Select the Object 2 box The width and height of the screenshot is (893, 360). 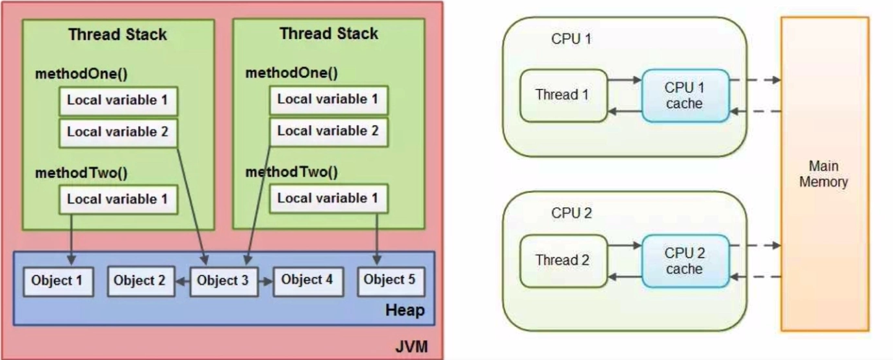pos(139,281)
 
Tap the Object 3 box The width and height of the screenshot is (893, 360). pos(222,281)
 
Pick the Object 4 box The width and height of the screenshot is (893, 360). pos(307,281)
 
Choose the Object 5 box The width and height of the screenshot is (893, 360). pos(389,281)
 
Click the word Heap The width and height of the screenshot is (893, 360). pos(405,311)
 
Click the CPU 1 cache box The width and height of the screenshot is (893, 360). pos(684,96)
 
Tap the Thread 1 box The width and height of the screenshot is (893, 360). pos(563,95)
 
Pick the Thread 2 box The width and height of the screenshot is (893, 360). pos(563,261)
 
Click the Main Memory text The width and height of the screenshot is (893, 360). pos(823,174)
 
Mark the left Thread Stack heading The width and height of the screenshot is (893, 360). pos(118,34)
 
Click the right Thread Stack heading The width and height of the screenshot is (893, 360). pos(328,34)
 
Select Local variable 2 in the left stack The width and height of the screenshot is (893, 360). pos(118,132)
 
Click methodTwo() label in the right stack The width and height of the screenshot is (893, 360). pos(291,173)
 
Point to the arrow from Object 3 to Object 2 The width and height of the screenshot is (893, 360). pos(181,282)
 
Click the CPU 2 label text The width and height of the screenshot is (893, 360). pos(571,213)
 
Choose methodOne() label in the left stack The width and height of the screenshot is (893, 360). pos(81,73)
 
